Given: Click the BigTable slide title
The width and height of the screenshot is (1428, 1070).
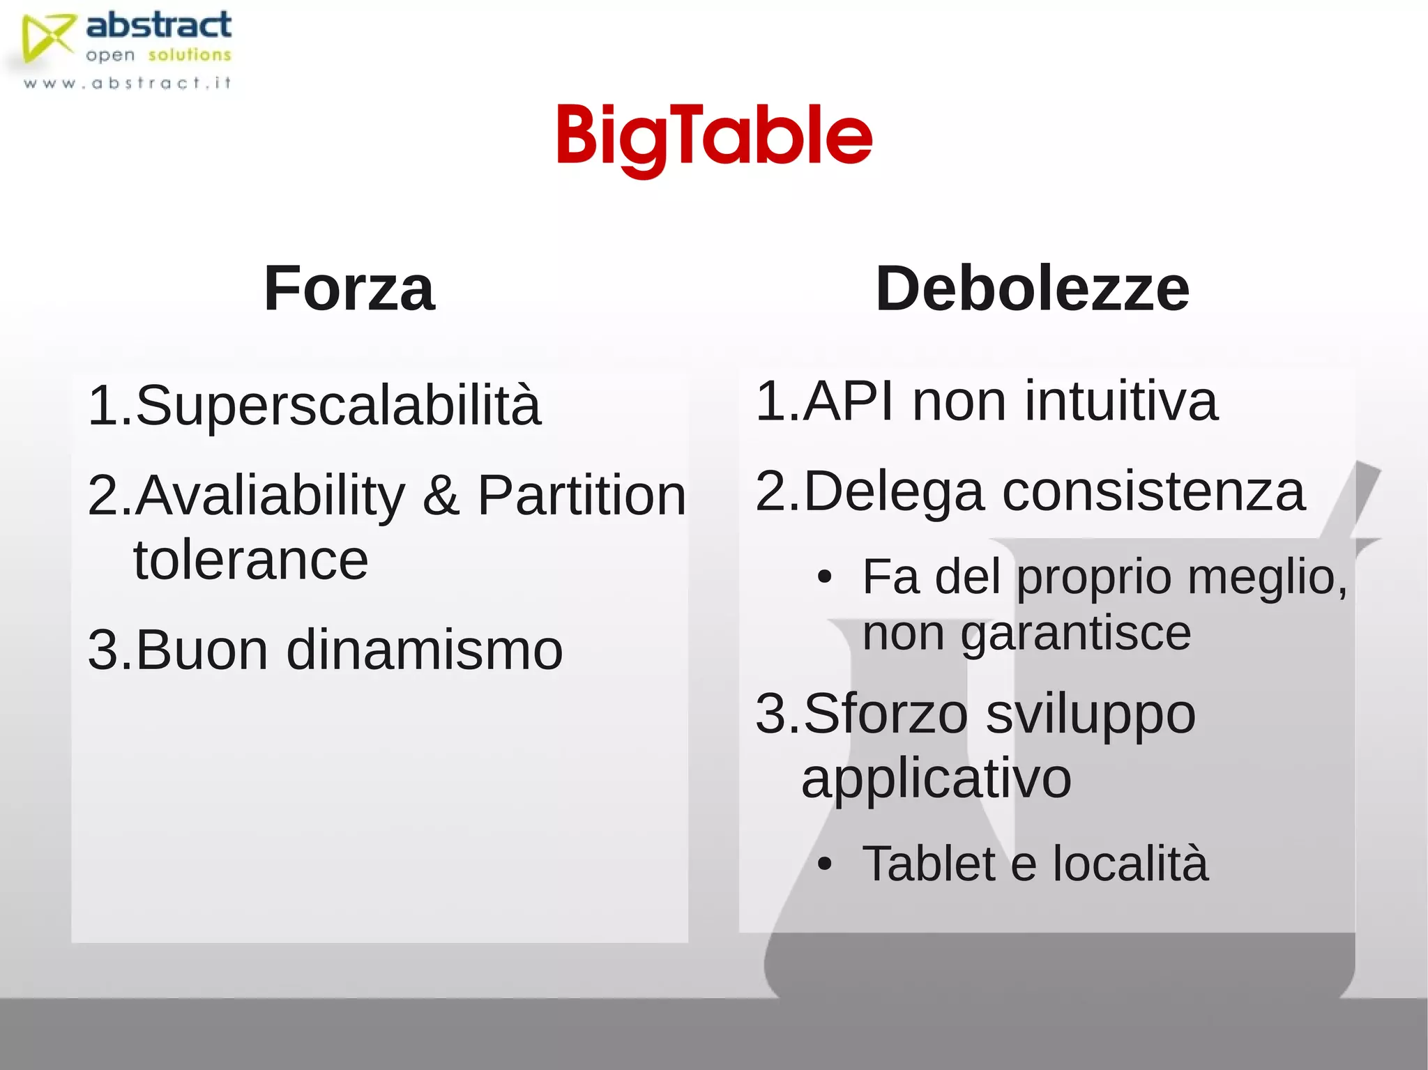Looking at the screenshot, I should [714, 137].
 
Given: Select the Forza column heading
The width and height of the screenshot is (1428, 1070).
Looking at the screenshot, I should [349, 289].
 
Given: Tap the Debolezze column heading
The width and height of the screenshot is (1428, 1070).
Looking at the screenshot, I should [1033, 289].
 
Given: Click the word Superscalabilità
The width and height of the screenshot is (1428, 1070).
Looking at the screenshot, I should [338, 405].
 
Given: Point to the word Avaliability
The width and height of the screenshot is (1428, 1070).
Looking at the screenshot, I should [270, 496].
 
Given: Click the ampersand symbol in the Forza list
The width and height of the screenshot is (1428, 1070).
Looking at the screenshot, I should [441, 496].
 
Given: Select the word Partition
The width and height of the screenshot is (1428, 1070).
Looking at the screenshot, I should [582, 496].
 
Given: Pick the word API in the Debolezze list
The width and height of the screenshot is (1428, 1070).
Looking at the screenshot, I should [847, 402].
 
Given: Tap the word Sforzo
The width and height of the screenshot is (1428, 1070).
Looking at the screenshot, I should [886, 714].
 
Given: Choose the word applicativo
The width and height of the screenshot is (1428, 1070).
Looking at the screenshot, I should [936, 779].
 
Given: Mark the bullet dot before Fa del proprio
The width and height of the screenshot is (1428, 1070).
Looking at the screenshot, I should [825, 578].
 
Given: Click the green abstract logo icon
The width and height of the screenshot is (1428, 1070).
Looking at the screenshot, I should [46, 38].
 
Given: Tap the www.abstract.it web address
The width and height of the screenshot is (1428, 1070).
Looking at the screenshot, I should [127, 84].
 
